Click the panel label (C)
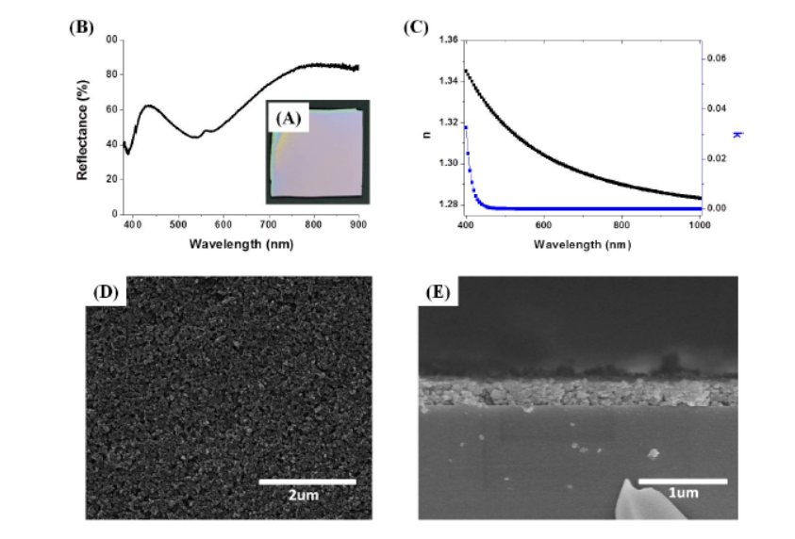(x=416, y=27)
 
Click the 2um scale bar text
(x=307, y=497)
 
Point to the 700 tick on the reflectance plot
(x=268, y=224)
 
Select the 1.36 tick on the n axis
(x=448, y=41)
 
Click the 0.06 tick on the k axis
(x=717, y=58)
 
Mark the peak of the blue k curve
(x=465, y=127)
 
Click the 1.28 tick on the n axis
(x=448, y=204)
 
